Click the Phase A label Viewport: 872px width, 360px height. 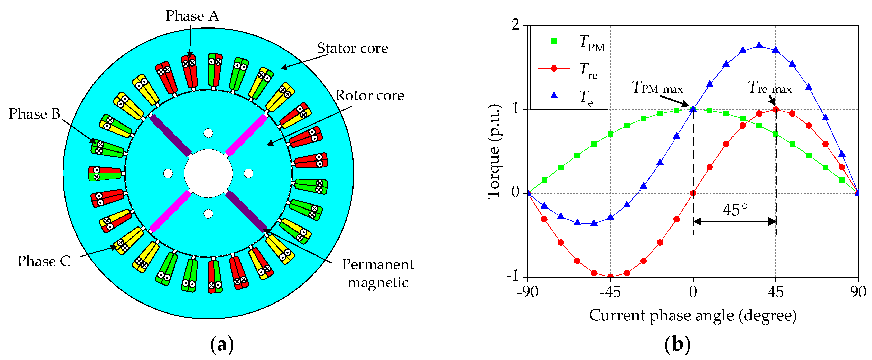[x=192, y=16]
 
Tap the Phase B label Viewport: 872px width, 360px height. [x=34, y=114]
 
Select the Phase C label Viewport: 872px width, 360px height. [x=44, y=261]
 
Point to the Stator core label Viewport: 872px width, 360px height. [x=352, y=48]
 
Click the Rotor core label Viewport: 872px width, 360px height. [x=369, y=96]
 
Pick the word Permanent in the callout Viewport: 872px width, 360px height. [x=377, y=264]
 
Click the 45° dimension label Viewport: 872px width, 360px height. [x=735, y=210]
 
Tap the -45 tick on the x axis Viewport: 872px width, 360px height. [x=610, y=292]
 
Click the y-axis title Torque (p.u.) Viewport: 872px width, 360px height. [x=494, y=151]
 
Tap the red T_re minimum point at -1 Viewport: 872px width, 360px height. [x=610, y=277]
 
